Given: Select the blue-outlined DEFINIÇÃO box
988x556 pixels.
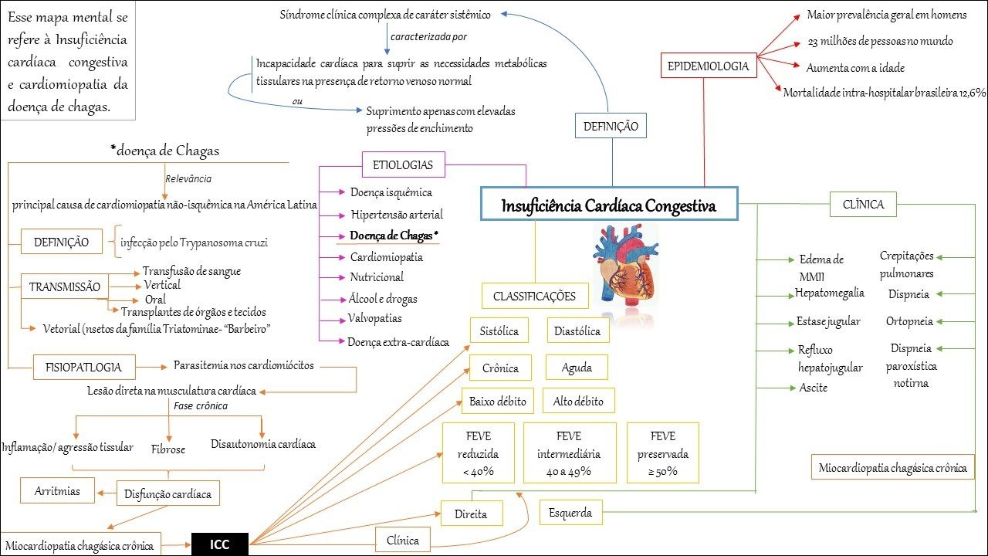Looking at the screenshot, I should tap(611, 126).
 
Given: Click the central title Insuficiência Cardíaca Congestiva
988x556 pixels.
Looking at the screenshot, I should tap(608, 207).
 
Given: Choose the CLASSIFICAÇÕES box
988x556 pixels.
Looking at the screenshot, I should tap(535, 296).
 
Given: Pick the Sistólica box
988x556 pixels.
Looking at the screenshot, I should tap(499, 331).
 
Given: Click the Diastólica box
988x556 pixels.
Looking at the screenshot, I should tap(577, 331).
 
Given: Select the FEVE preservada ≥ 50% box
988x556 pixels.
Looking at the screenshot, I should tap(663, 453).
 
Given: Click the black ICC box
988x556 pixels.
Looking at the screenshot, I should tap(220, 544).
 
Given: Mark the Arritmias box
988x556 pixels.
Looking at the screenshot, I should tap(57, 490).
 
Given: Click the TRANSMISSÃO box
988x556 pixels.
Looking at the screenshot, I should tap(65, 287).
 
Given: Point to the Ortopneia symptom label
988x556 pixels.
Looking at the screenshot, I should tap(909, 321).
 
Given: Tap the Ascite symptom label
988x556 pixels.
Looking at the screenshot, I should tap(813, 388).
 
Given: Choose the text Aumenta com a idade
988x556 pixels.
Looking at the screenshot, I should tap(855, 67).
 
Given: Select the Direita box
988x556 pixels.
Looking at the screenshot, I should tap(471, 514).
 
